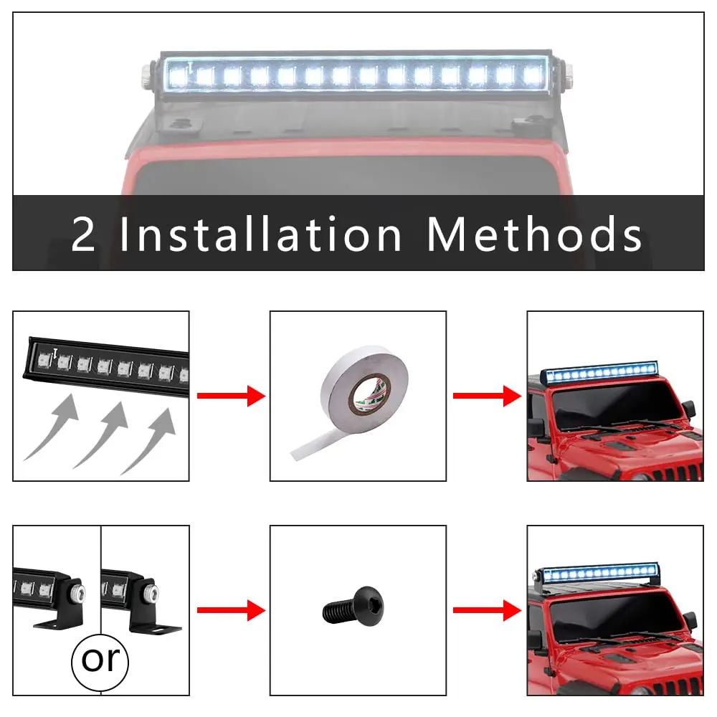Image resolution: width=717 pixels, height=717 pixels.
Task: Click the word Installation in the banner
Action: click(x=260, y=234)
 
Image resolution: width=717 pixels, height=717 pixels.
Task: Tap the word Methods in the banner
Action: click(x=533, y=234)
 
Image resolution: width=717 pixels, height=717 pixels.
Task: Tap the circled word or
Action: click(x=100, y=659)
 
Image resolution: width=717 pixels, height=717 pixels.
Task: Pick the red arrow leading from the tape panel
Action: click(x=487, y=396)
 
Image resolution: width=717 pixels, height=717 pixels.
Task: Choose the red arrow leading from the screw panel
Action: click(x=487, y=611)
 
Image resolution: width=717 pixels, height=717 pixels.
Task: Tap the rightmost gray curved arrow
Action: click(x=151, y=441)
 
